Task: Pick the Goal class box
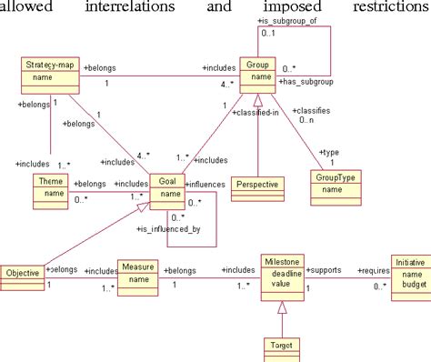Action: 168,188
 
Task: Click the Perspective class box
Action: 258,185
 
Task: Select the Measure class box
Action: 138,273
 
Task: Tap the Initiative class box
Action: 407,273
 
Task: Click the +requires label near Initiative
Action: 374,270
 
